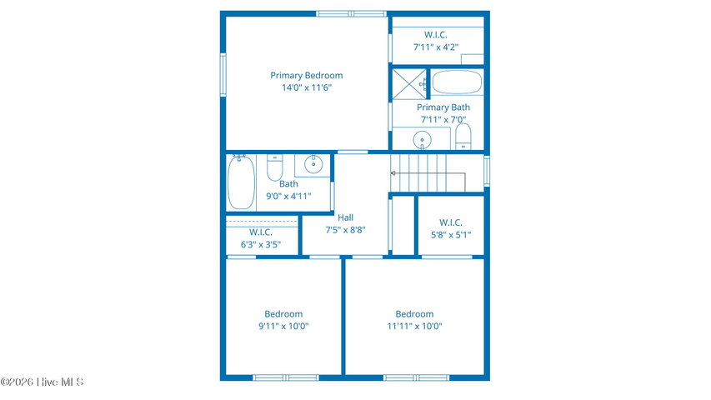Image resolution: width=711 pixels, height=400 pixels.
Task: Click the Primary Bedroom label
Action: coord(307,75)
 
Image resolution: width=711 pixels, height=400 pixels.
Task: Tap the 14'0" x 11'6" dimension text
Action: coord(307,87)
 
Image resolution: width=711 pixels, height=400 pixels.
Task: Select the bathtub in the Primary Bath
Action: coord(457,82)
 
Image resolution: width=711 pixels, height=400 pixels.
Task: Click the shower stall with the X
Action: coord(409,84)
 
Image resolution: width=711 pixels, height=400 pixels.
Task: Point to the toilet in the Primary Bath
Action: coord(463,137)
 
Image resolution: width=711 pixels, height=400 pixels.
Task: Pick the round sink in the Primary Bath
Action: coord(422,139)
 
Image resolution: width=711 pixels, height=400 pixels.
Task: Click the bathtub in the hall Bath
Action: coord(241,182)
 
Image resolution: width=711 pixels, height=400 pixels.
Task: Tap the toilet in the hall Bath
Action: coord(274,167)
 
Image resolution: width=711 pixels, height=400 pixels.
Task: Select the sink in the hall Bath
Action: coord(313,164)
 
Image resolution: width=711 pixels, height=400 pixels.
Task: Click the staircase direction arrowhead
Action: coord(393,173)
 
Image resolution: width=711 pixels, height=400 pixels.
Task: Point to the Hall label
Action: coord(346,217)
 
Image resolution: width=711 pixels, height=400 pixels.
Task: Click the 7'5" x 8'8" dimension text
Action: coord(346,230)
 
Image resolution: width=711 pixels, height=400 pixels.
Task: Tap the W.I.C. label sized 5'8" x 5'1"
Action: coord(451,222)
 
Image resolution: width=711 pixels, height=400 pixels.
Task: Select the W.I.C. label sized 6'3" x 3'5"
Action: coord(261,232)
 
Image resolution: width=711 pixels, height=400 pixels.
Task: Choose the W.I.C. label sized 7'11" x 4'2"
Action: coord(436,34)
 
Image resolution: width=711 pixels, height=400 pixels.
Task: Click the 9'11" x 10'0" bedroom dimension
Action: coord(284,326)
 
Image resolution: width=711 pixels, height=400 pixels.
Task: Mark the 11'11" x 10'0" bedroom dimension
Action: coord(414,326)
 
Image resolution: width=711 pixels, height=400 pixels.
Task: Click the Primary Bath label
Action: coord(443,107)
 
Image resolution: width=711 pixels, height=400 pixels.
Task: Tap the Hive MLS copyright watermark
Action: coord(43,382)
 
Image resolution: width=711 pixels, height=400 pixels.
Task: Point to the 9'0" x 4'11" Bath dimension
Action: coord(288,197)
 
